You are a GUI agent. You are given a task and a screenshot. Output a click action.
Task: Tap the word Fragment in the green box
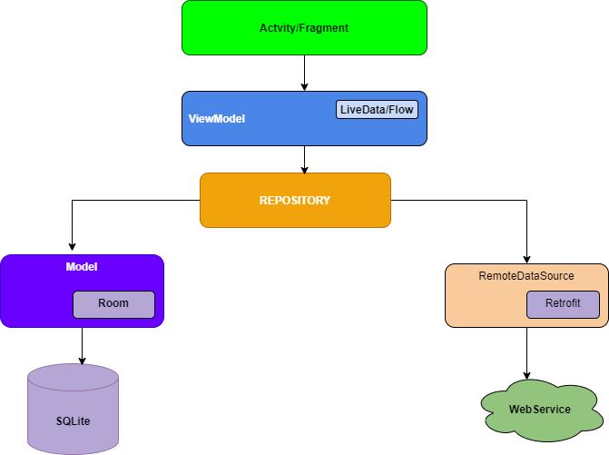326,28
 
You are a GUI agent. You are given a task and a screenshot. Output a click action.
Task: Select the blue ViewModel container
272,132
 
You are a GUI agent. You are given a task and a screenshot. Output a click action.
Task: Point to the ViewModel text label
216,119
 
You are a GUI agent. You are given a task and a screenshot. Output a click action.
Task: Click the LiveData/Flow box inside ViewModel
377,110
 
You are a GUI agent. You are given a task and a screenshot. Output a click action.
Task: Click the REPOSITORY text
295,200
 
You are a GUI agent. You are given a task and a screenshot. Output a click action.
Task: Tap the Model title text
82,267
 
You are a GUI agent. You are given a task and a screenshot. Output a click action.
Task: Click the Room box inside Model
113,303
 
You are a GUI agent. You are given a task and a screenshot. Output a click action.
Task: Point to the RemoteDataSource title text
526,275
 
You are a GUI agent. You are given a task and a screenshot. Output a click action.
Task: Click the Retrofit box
563,303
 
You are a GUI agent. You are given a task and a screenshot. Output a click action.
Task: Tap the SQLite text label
73,422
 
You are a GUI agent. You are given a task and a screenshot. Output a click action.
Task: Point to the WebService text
540,410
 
